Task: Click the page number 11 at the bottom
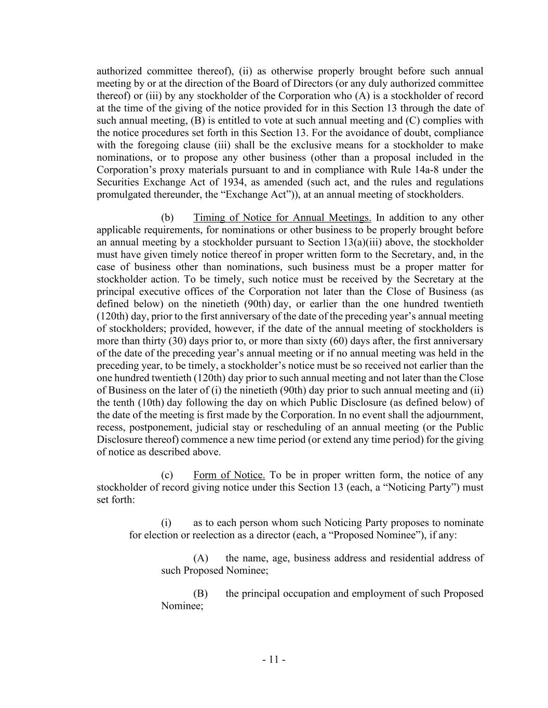click(274, 660)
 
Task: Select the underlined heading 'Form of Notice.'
click(229, 475)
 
